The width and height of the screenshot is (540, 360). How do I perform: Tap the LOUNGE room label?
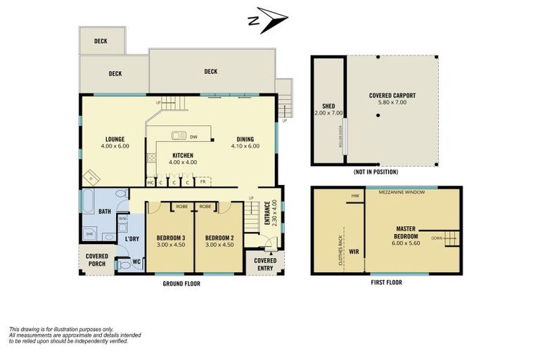[115, 139]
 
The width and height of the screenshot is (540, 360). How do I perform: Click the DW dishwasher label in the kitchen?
[193, 136]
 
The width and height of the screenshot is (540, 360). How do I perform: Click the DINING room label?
[245, 139]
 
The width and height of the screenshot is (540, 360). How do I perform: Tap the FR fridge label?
[202, 182]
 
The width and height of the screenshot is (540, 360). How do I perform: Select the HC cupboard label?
[150, 182]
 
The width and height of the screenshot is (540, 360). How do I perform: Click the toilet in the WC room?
[127, 265]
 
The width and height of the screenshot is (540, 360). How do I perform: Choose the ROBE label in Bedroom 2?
[205, 207]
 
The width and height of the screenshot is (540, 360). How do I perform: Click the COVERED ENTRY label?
[264, 264]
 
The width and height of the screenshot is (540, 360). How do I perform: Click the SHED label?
[328, 108]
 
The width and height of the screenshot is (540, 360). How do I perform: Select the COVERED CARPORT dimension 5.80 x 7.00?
[392, 103]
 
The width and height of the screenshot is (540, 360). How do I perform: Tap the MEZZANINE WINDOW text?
[398, 191]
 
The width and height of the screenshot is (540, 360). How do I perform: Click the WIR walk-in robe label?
[354, 249]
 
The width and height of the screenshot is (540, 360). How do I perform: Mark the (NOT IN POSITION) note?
[374, 172]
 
